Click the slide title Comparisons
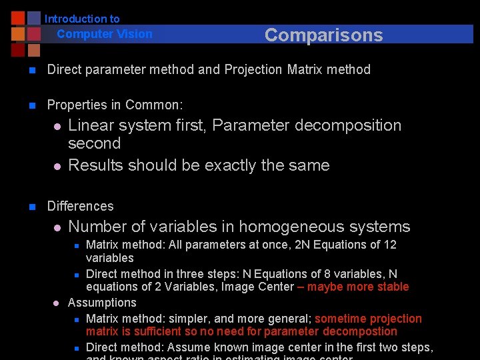[x=323, y=35]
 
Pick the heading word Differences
[x=80, y=206]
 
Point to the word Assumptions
[x=102, y=303]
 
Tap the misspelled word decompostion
[x=360, y=331]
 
